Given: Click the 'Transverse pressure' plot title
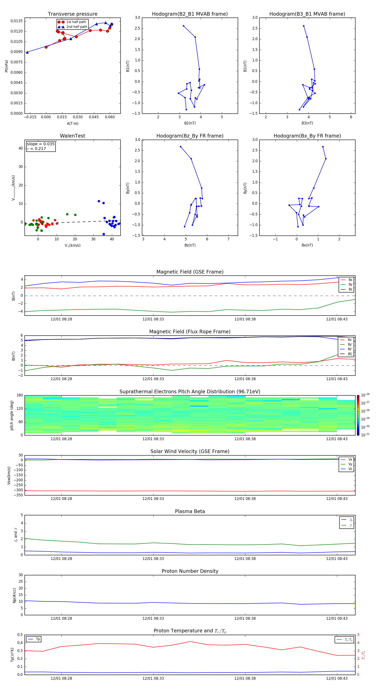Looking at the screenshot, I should (72, 14).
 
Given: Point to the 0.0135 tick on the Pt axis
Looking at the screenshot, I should (16, 21).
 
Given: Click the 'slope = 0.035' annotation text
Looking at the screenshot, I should (41, 144).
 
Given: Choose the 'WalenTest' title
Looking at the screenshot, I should (72, 136).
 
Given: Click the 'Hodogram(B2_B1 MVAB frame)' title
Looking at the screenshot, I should (190, 14).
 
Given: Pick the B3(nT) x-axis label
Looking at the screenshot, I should (307, 123).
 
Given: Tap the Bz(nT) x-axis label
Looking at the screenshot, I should (190, 245).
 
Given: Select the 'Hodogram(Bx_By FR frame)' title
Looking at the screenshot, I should (307, 136).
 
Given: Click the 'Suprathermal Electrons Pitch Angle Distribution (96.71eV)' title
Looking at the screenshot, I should (190, 392).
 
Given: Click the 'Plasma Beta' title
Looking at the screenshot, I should (190, 511).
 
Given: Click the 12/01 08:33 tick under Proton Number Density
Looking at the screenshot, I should (153, 618).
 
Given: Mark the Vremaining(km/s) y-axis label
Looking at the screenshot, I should (13, 188).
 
